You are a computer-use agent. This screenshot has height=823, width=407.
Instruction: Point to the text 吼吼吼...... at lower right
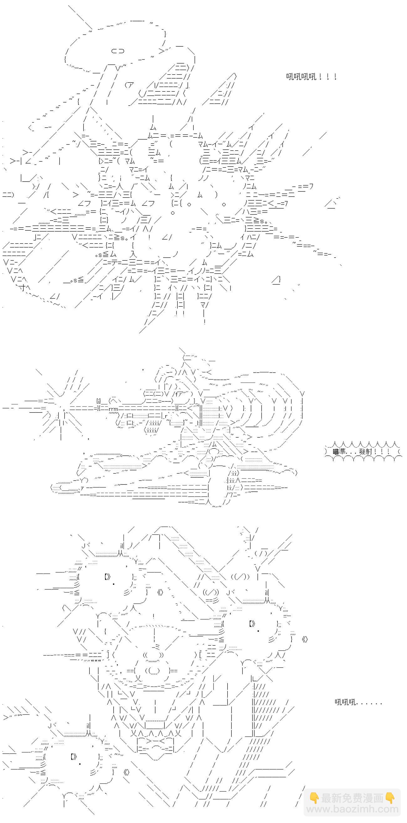(x=358, y=702)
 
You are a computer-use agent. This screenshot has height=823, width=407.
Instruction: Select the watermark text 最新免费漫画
(x=352, y=798)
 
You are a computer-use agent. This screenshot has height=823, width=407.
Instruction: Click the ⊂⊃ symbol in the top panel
(x=118, y=50)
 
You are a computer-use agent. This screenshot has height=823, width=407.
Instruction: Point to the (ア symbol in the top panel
(x=130, y=85)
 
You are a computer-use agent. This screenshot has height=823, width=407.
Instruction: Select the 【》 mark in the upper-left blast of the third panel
(x=107, y=577)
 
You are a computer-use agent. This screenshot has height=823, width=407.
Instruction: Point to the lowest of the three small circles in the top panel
(x=173, y=213)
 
